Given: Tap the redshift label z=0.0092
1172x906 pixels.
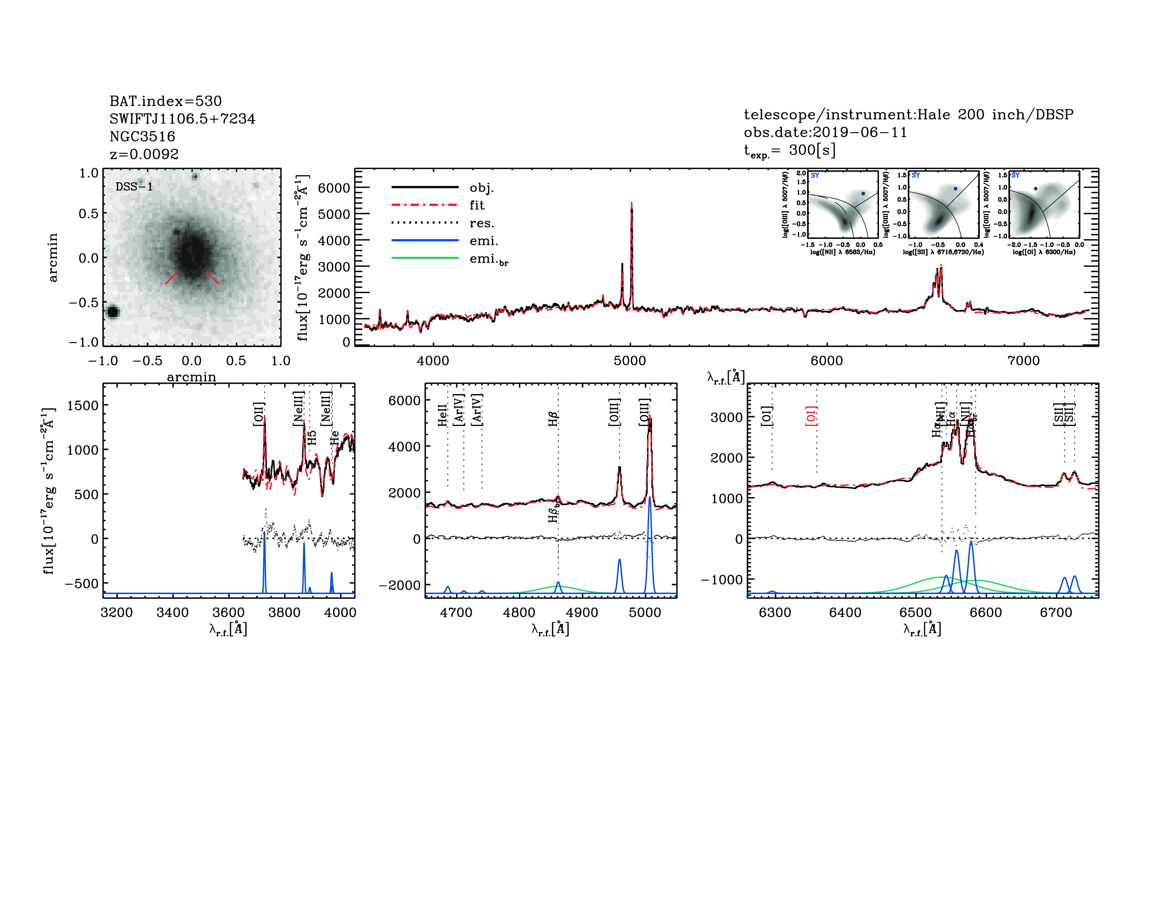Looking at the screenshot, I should (144, 154).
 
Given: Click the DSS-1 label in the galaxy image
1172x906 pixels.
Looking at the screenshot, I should (134, 187).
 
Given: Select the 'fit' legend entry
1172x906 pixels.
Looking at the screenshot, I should (477, 205).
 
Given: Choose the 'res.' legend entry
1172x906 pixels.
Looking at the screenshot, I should (481, 223).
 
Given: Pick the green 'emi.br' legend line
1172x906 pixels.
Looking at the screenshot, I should (425, 258).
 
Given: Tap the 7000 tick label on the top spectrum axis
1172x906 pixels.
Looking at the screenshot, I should (1023, 361).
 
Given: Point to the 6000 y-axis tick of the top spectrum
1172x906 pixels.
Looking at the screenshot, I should (334, 188).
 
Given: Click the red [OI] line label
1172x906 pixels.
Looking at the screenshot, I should (811, 416).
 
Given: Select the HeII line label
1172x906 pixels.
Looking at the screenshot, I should (442, 415).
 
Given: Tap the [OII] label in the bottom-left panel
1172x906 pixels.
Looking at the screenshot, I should (259, 414).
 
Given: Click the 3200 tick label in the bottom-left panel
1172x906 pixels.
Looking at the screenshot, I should (116, 613).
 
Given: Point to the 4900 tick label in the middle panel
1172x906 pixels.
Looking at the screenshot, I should (582, 613).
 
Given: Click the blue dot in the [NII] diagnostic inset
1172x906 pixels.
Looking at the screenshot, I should (863, 194).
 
